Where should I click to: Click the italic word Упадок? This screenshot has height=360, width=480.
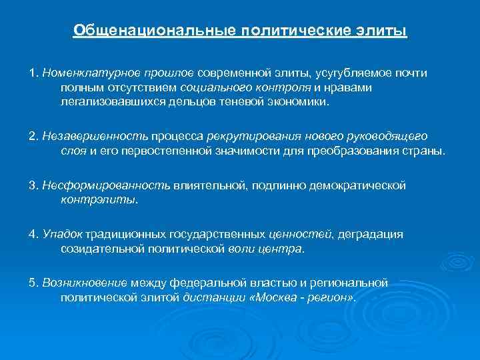tap(62, 234)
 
